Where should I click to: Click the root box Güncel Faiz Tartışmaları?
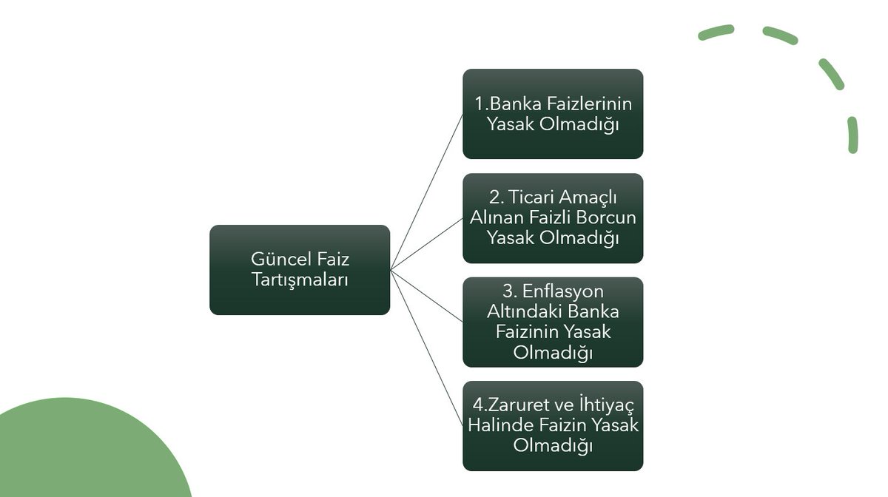click(300, 270)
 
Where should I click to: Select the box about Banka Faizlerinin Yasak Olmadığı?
click(553, 114)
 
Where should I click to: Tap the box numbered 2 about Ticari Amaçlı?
click(553, 218)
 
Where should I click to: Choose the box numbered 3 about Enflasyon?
click(553, 322)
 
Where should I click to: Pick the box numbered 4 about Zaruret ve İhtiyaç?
click(553, 426)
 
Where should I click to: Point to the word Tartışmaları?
click(300, 280)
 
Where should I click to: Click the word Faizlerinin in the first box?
click(589, 104)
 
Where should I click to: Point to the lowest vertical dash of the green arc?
click(852, 135)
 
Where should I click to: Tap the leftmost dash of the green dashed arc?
click(716, 33)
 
